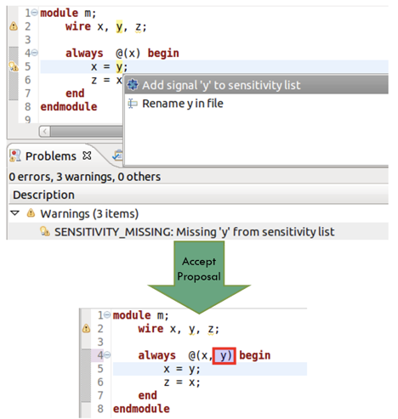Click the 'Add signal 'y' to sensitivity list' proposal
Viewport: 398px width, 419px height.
(221, 85)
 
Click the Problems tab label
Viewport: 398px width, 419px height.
(51, 156)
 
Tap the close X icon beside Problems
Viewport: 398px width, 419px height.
(87, 156)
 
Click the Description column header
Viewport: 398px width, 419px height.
(43, 195)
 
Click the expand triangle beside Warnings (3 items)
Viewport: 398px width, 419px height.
(14, 213)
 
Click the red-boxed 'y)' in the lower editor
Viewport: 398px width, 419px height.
(224, 356)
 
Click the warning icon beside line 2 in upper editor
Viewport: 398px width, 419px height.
(14, 26)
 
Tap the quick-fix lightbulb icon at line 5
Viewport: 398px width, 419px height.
(14, 67)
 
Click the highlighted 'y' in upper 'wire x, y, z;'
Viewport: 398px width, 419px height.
(119, 26)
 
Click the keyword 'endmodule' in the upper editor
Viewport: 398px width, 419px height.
(69, 107)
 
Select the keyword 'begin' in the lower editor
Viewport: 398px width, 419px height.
(254, 355)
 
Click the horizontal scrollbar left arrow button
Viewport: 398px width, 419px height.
(45, 132)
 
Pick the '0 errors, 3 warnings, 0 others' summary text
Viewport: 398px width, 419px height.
(85, 177)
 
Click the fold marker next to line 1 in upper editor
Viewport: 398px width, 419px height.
(34, 13)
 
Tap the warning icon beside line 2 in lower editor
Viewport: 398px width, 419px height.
(86, 329)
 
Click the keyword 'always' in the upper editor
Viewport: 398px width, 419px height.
(84, 54)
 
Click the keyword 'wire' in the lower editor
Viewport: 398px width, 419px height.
(151, 329)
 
